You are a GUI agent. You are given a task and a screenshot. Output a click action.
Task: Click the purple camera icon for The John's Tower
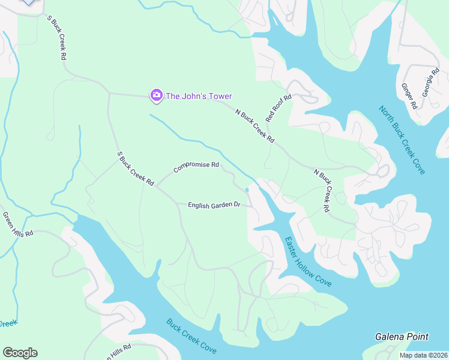156,95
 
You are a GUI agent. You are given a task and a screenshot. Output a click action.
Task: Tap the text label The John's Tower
199,96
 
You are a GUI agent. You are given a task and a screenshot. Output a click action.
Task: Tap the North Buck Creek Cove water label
402,140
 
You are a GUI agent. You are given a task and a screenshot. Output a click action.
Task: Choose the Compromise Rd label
196,167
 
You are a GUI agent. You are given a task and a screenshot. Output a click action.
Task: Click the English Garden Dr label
214,205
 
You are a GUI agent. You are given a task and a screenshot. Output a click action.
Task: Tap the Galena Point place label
402,337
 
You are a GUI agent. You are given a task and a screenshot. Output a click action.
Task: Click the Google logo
20,353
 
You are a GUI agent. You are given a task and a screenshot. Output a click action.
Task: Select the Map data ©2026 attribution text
423,355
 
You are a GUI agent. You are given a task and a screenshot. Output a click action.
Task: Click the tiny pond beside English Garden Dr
247,190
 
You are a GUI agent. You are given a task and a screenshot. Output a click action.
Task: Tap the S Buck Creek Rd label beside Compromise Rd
136,169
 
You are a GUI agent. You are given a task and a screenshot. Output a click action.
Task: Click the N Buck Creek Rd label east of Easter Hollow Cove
322,190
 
